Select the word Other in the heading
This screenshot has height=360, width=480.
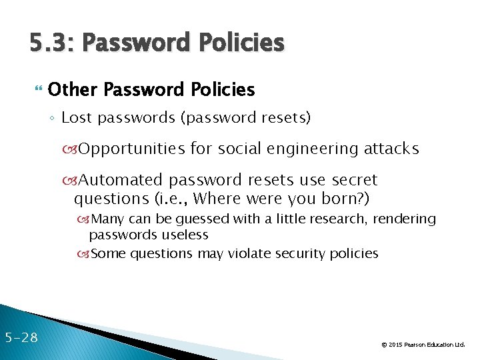74,89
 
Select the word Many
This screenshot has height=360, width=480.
107,219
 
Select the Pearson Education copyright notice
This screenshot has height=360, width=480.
423,345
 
